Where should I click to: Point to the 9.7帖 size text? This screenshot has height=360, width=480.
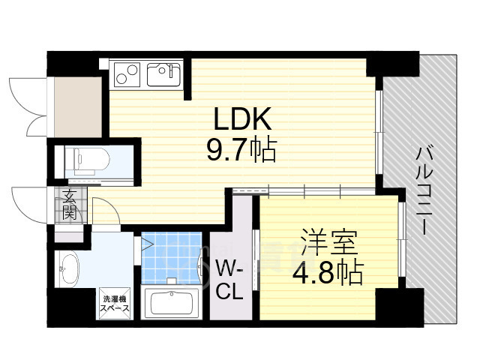point(242,150)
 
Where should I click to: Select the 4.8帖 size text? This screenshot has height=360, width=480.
point(328,272)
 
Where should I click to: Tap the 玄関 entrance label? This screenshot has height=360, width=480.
point(69,205)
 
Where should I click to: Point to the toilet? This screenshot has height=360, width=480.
point(88,159)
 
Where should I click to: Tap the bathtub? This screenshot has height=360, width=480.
point(171,303)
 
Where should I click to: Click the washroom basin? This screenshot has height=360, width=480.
point(70,268)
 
